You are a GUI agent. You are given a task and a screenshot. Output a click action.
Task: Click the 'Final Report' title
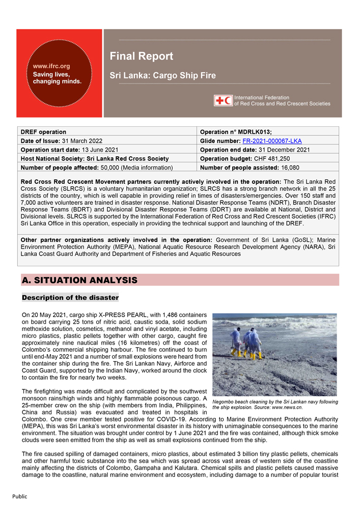click(141, 56)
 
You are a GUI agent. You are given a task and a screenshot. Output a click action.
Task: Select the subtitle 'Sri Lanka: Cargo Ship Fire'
click(162, 76)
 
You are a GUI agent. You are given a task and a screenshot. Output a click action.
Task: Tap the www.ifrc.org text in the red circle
click(51, 66)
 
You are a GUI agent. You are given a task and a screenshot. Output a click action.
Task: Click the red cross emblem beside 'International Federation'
click(223, 100)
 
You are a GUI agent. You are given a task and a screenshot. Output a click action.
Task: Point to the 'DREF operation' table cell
click(44, 132)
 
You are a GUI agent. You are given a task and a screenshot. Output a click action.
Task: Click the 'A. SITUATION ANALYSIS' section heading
click(79, 280)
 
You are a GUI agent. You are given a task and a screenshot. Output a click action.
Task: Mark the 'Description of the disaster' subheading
click(70, 297)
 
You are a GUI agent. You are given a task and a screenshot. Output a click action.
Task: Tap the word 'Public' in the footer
click(20, 496)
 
